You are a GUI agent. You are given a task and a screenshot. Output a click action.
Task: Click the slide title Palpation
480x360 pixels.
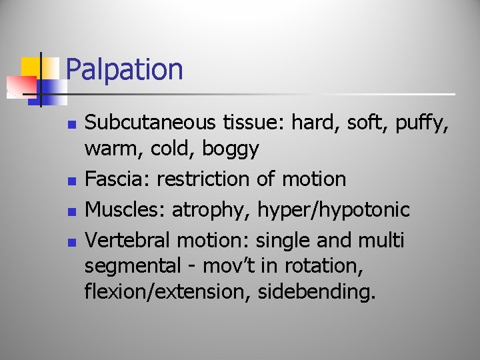pos(125,69)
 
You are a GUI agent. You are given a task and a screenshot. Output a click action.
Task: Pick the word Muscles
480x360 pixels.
pos(125,209)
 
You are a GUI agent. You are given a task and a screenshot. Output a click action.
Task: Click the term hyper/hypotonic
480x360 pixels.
pos(334,210)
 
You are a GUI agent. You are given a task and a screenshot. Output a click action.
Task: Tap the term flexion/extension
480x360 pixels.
pos(166,292)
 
